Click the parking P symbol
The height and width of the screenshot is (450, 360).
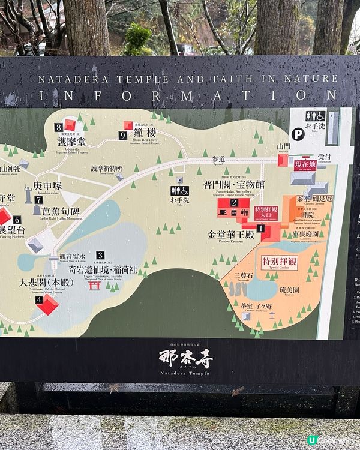(x=298, y=134)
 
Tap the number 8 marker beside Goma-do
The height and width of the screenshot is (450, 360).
(x=58, y=127)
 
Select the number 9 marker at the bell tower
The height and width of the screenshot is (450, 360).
(x=122, y=136)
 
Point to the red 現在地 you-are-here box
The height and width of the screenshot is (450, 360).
(x=306, y=164)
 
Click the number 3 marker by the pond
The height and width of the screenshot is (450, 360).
(x=100, y=255)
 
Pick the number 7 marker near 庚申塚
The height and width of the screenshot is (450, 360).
(x=38, y=200)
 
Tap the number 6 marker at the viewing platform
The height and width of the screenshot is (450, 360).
(x=17, y=220)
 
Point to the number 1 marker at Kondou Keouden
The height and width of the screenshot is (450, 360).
(x=260, y=228)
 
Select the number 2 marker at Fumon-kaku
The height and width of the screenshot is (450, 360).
(x=235, y=203)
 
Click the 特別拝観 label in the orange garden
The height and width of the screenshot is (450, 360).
(x=279, y=262)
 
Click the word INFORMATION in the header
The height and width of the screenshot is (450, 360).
(x=188, y=96)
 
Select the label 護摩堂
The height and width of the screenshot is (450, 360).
(x=72, y=142)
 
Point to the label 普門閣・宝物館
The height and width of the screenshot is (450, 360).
(x=233, y=185)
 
